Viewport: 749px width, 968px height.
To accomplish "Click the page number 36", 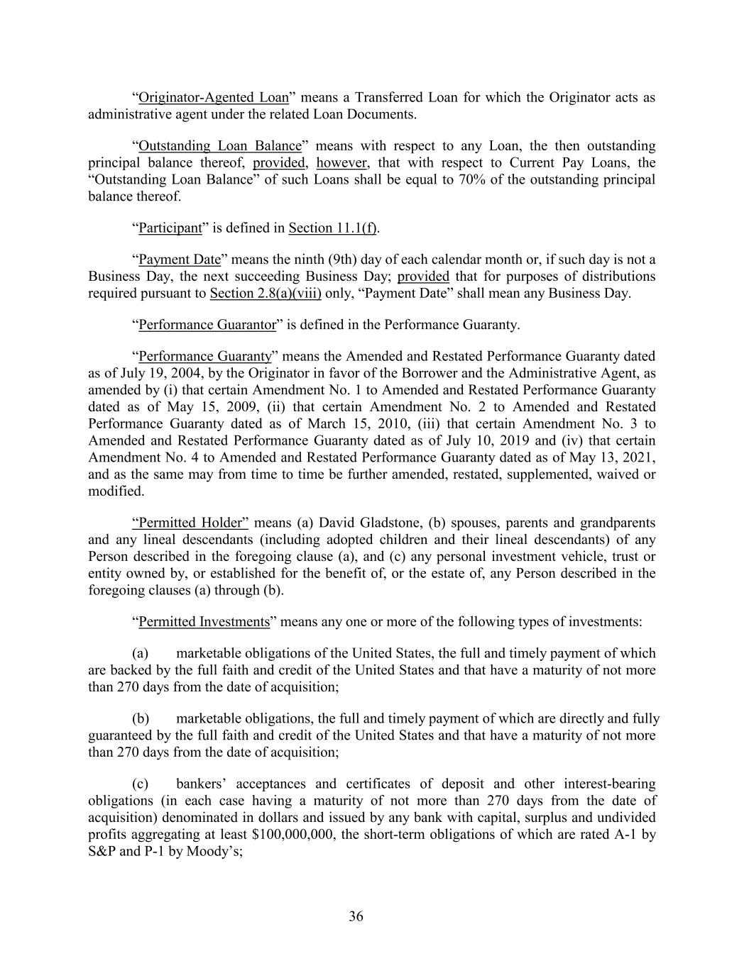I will pos(356,917).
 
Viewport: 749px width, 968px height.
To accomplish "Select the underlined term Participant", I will pos(170,228).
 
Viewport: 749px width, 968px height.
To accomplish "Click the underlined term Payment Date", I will pos(180,259).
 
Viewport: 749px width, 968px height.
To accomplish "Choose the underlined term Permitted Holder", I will pos(190,523).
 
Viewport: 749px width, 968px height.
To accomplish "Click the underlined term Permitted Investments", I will pos(204,622).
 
